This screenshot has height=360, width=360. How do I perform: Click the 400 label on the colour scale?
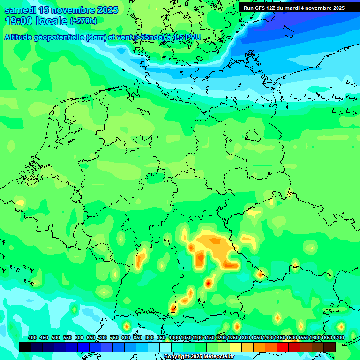coord(32,338)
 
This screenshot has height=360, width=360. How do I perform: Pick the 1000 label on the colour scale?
coord(174,338)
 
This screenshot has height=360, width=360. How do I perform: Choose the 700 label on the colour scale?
coord(103,338)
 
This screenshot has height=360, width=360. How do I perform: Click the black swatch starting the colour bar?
coord(25,347)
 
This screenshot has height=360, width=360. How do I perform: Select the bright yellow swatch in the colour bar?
coord(236,347)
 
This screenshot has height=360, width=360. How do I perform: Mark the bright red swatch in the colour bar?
coord(283,347)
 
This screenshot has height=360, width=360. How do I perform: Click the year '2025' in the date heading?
coord(105,10)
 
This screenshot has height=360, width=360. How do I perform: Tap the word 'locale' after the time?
coord(49,21)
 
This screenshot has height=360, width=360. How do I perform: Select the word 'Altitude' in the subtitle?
coord(20,37)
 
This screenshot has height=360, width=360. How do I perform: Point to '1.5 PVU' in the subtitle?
coord(187,37)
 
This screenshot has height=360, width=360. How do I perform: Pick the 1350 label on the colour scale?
coord(256,338)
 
